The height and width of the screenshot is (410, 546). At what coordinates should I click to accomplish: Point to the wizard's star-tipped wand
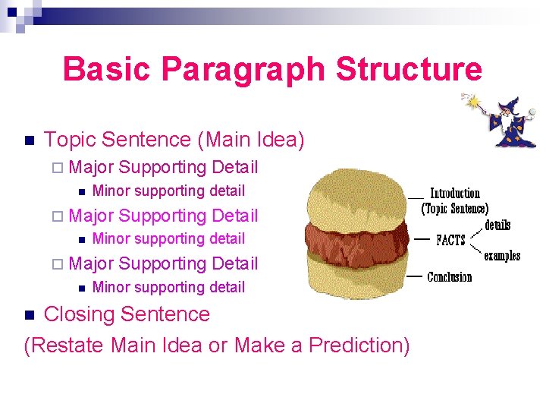474,102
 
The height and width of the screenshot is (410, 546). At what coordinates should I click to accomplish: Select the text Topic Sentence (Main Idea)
174,140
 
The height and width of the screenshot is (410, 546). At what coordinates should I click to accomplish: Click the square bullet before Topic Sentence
30,140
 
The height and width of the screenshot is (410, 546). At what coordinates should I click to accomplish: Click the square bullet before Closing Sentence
30,315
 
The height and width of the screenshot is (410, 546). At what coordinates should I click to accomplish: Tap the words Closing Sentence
127,314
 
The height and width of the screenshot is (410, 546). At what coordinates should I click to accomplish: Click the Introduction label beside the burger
455,194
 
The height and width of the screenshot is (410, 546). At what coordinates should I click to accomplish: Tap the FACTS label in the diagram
450,240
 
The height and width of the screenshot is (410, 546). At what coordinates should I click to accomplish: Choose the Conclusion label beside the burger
450,277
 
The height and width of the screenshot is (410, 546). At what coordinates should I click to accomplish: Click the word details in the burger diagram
497,225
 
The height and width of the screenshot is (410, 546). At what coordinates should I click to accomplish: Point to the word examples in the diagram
502,256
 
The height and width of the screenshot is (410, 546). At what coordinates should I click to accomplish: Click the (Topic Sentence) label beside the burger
455,209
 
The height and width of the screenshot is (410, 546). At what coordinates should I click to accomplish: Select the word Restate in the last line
70,345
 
